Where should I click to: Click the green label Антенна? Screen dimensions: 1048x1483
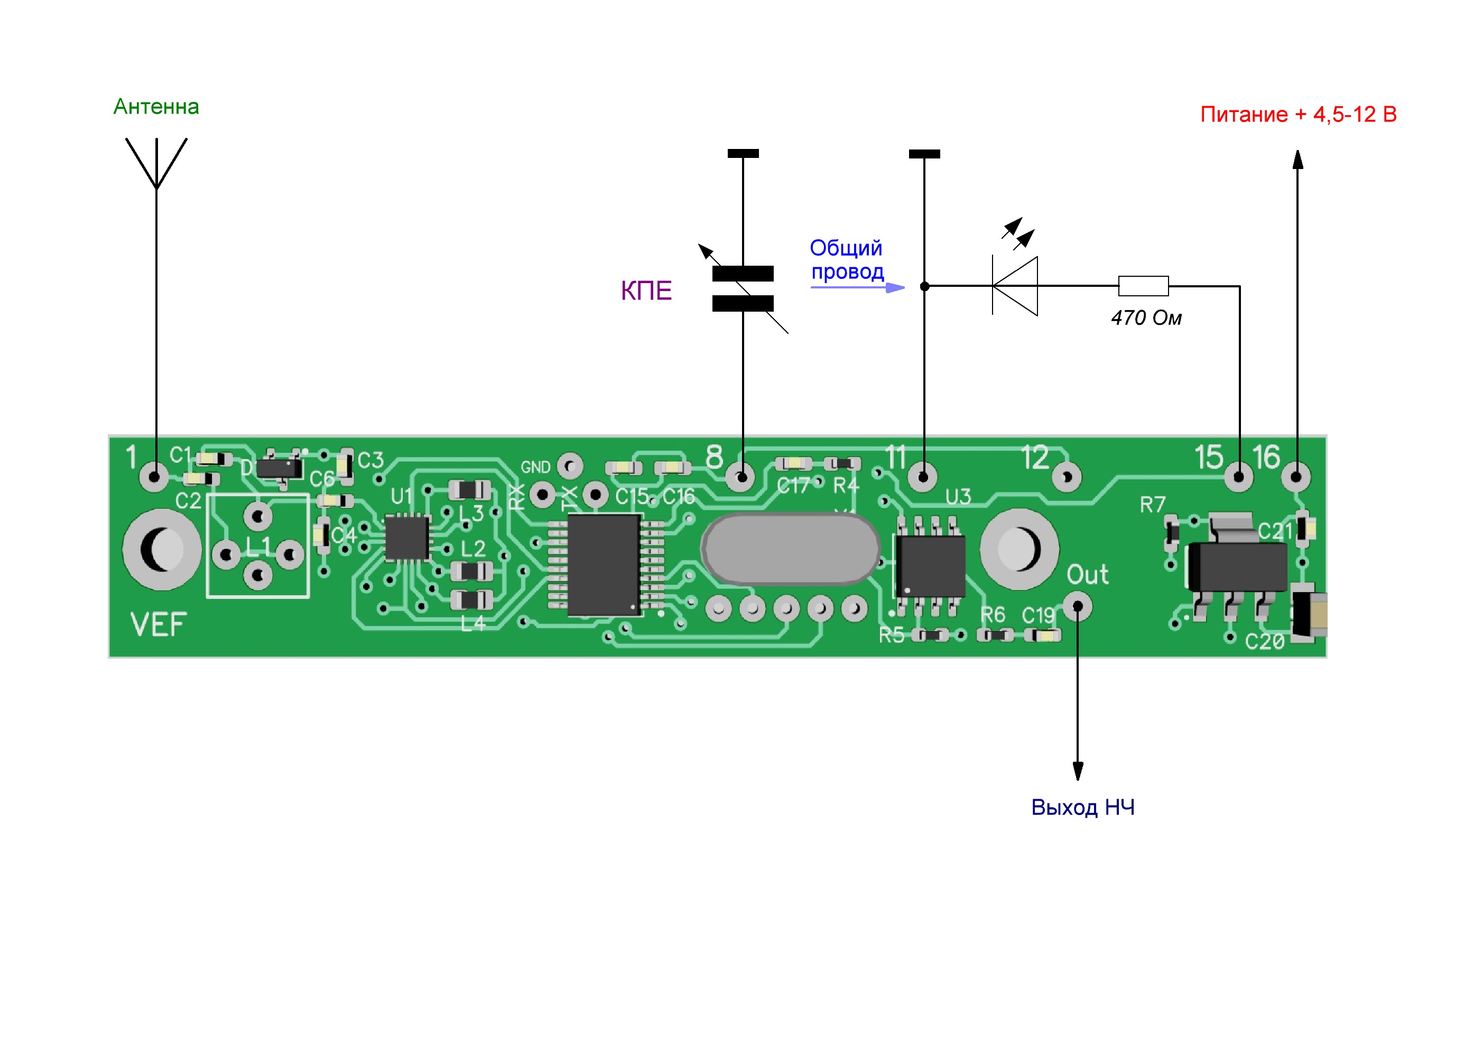pos(156,107)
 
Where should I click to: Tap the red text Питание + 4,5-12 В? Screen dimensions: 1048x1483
pos(1297,114)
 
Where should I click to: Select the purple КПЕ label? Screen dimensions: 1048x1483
pos(645,291)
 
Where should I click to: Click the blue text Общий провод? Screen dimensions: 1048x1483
pos(846,259)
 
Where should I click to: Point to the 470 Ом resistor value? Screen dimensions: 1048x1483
pos(1146,317)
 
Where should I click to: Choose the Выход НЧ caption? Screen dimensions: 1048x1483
pos(1082,807)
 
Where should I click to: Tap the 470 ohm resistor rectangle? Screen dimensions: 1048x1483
pos(1143,286)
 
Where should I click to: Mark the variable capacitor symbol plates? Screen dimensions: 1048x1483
pos(743,288)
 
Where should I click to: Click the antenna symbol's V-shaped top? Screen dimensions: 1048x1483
pos(156,162)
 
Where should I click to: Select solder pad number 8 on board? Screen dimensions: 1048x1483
pos(741,477)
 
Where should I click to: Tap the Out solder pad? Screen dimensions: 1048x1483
pos(1078,607)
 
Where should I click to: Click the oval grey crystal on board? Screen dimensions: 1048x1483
pos(790,549)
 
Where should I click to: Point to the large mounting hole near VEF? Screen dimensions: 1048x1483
pos(162,549)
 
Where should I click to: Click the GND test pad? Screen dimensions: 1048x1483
pos(570,465)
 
